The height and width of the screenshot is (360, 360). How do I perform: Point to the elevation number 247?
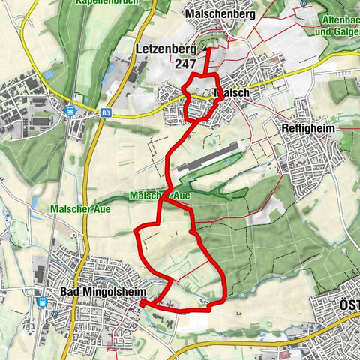(x=185, y=64)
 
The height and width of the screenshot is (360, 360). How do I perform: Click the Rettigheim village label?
(x=307, y=128)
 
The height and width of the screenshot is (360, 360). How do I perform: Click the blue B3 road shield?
(x=106, y=113)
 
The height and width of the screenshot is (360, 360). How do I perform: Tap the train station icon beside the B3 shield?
(x=70, y=109)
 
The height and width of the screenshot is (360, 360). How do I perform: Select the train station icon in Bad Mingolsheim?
(x=43, y=302)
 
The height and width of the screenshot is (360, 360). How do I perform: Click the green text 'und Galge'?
(x=336, y=33)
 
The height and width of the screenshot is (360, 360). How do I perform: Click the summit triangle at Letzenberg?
(x=202, y=52)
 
